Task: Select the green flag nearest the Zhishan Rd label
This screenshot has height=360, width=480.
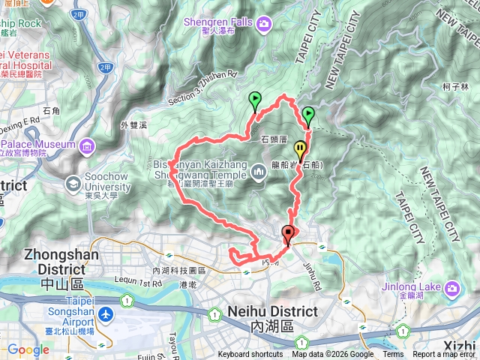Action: (x=254, y=100)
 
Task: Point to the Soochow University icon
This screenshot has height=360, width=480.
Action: (x=73, y=182)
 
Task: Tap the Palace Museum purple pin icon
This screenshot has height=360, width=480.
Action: (x=87, y=144)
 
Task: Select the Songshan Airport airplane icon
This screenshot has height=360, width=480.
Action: (x=106, y=311)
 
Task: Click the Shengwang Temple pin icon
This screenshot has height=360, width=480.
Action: (x=259, y=173)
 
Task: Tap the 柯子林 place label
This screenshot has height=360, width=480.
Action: (x=454, y=87)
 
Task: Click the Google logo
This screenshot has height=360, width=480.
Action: (x=28, y=349)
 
